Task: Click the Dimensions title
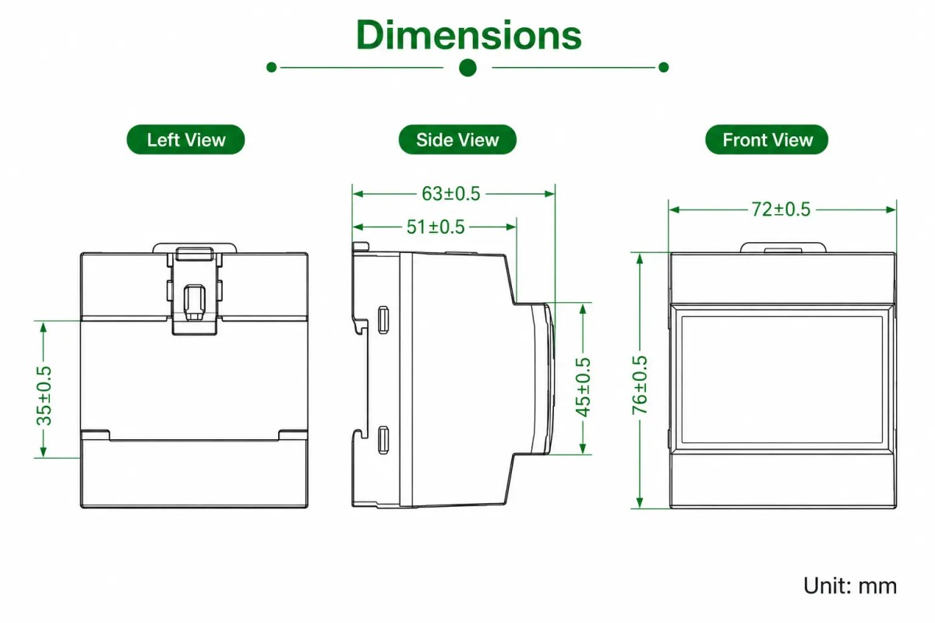[x=468, y=35]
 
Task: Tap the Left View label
[x=185, y=140]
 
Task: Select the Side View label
[x=457, y=140]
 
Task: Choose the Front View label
[x=767, y=140]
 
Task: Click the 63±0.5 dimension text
[x=451, y=194]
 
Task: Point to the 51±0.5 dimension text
[x=436, y=227]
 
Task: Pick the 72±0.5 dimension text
[x=781, y=209]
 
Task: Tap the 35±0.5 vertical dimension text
[x=44, y=396]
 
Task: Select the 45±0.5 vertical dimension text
[x=583, y=387]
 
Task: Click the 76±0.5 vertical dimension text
[x=640, y=385]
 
